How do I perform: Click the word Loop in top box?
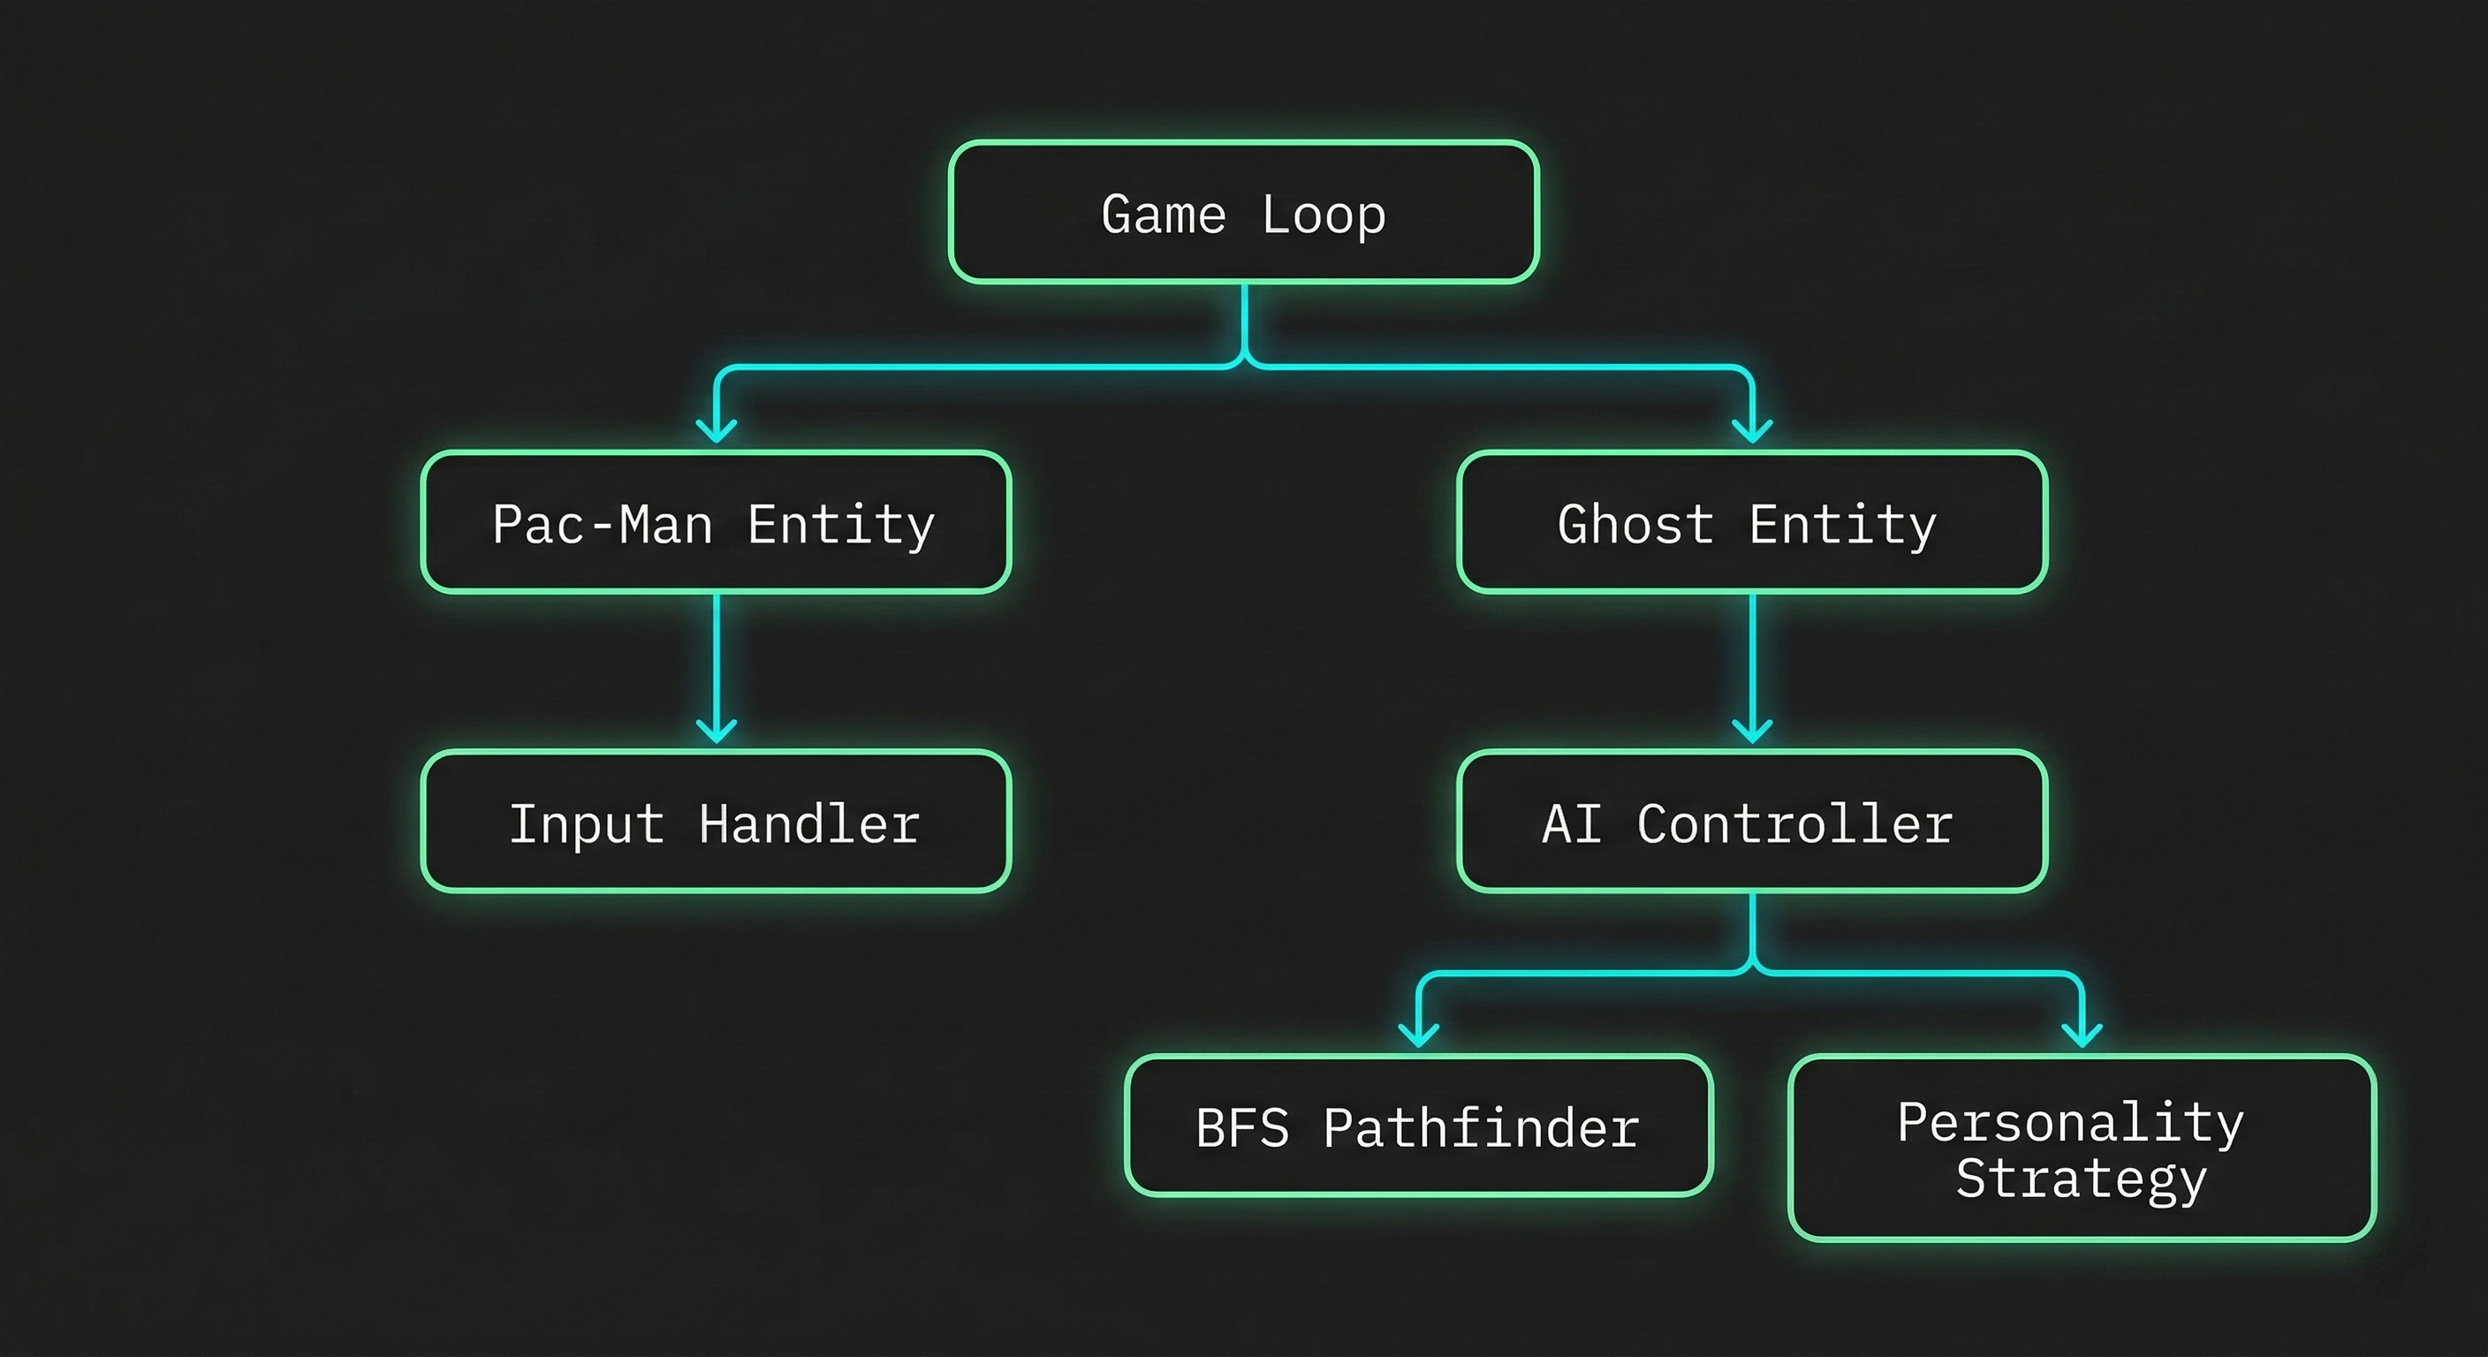tap(1324, 215)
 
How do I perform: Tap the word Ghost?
tap(1635, 525)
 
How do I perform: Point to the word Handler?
tap(808, 824)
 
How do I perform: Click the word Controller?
tap(1794, 824)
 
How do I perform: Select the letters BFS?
tap(1242, 1128)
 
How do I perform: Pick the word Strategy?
tap(2082, 1179)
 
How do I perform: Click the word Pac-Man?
tap(603, 525)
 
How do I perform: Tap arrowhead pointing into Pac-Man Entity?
tap(716, 432)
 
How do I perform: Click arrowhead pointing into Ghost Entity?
tap(1751, 432)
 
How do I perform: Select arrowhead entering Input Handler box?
tap(716, 732)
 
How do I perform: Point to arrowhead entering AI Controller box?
tap(1751, 732)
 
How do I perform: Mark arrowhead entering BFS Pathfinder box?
tap(1418, 1036)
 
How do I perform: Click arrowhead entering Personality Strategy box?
tap(2082, 1036)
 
